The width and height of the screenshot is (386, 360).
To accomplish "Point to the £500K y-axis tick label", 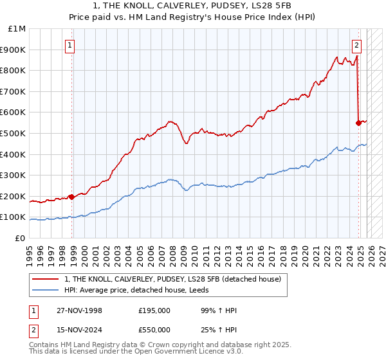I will pyautogui.click(x=14, y=134).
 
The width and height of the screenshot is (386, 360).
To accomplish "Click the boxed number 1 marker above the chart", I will pyautogui.click(x=69, y=45).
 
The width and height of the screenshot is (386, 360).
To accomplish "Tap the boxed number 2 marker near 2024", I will pyautogui.click(x=356, y=45).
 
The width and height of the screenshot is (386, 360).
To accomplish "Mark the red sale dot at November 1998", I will pyautogui.click(x=71, y=197).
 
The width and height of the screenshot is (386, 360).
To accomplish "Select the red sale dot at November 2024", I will pyautogui.click(x=358, y=123).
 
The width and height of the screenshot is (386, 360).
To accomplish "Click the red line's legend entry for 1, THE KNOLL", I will pyautogui.click(x=172, y=280).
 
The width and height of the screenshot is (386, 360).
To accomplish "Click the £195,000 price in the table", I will pyautogui.click(x=154, y=310).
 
